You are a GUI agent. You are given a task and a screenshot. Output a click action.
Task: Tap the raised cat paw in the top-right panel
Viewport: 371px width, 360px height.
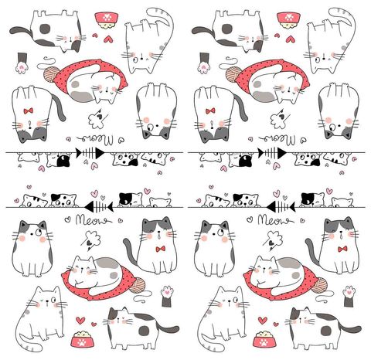point(203,62)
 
